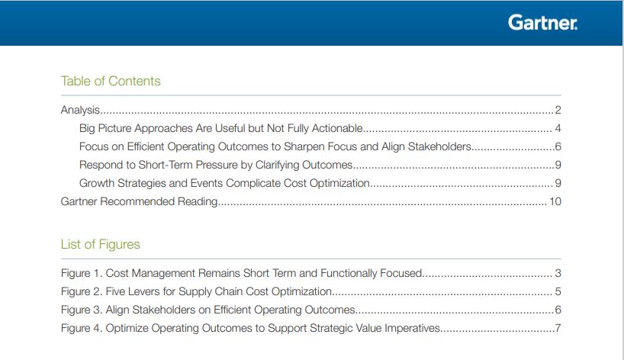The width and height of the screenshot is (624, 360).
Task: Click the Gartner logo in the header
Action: click(542, 23)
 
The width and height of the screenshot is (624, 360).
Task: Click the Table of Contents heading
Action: click(111, 81)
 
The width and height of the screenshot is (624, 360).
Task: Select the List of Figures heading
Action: click(100, 244)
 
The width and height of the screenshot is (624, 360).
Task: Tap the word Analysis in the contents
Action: click(80, 110)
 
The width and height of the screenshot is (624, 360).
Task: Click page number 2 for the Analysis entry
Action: click(558, 110)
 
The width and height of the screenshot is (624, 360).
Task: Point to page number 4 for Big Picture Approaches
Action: click(558, 128)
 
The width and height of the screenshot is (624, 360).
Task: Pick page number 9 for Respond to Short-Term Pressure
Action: click(558, 165)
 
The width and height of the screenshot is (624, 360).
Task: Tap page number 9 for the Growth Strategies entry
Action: click(558, 183)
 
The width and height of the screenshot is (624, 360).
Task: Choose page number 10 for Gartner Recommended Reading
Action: click(555, 201)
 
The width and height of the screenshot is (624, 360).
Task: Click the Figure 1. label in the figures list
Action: click(82, 273)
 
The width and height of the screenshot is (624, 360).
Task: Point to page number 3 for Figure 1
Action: click(558, 273)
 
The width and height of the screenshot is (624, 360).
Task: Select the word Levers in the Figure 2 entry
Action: click(143, 291)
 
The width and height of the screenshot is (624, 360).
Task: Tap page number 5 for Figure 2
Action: click(558, 291)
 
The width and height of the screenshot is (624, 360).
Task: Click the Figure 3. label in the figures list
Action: click(82, 310)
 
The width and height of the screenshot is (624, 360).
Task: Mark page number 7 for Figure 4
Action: click(558, 328)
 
